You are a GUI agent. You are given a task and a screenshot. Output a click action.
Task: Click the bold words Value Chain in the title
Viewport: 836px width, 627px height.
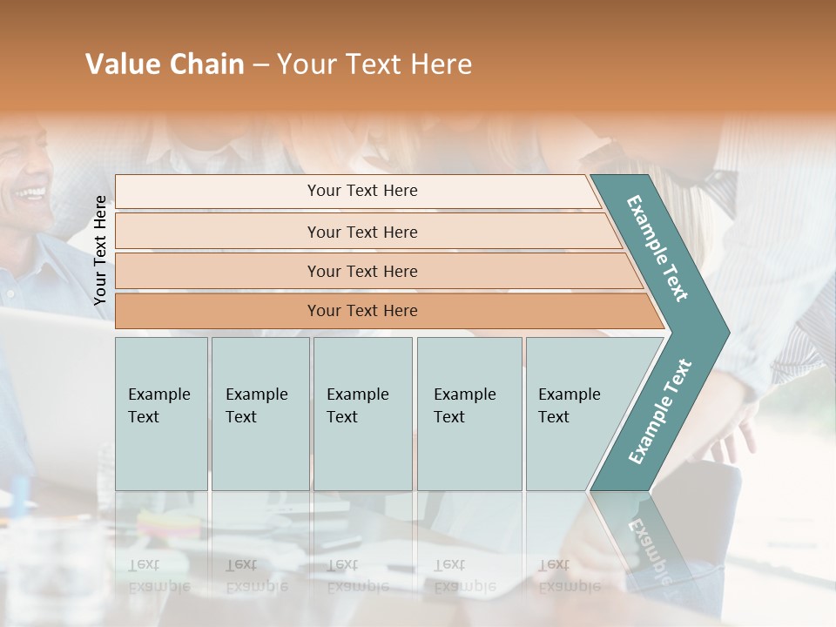click(165, 64)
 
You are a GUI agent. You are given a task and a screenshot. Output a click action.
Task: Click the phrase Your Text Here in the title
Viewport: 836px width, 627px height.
click(374, 64)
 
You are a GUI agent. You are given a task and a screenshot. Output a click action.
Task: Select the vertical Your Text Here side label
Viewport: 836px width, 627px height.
click(100, 250)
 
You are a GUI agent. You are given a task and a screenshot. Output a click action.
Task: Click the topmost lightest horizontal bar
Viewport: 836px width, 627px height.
click(361, 191)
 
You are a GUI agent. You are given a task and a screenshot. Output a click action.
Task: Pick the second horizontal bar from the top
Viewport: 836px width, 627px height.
click(361, 232)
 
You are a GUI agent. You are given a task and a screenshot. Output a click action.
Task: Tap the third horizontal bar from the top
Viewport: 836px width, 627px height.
click(361, 271)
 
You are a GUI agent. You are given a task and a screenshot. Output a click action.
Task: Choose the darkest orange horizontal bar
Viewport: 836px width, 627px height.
click(361, 311)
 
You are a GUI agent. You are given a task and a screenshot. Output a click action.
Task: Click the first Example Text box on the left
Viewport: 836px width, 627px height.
click(161, 413)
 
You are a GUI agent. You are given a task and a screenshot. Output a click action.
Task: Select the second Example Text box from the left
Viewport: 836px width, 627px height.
click(260, 413)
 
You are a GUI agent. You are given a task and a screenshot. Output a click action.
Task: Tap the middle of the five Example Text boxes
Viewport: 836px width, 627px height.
click(362, 413)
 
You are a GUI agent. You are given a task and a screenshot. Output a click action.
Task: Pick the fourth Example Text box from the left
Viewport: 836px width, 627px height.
click(469, 413)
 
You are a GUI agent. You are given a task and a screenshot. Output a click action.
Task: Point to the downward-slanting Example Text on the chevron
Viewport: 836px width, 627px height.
click(657, 248)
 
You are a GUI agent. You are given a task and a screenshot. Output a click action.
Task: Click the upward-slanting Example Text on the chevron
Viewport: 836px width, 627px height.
click(659, 411)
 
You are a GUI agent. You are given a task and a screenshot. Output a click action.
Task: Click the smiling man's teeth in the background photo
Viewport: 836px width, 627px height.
click(33, 191)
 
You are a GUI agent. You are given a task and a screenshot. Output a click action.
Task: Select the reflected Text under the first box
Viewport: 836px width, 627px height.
click(145, 564)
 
